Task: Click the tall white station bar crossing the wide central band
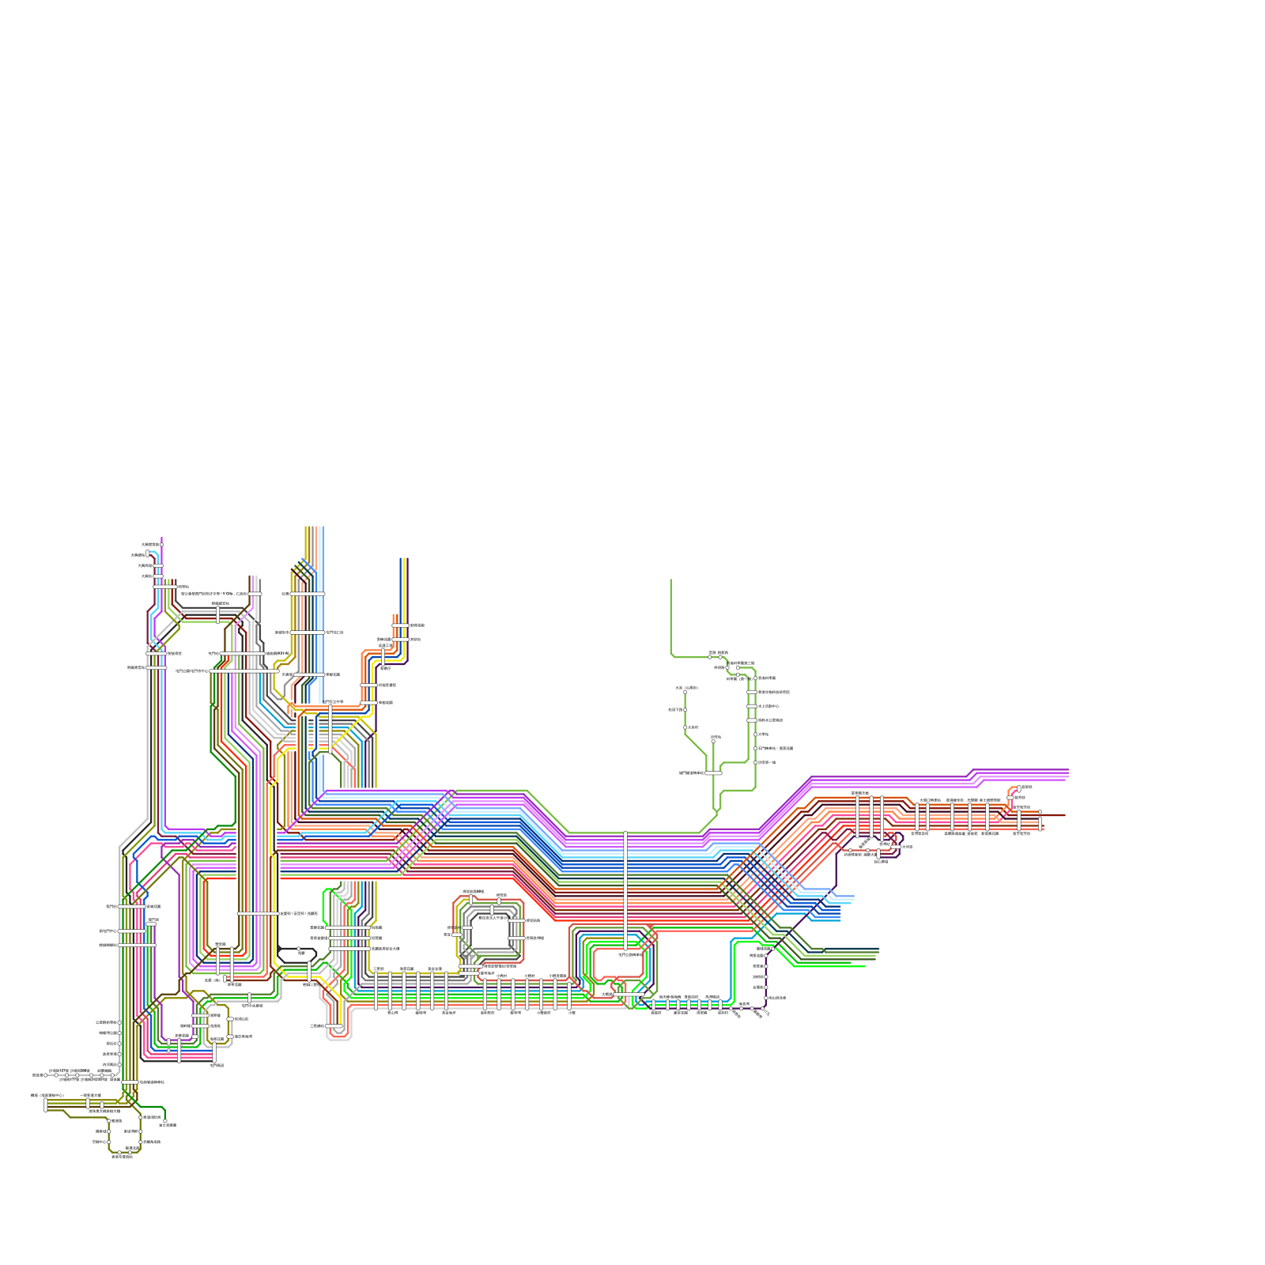[625, 889]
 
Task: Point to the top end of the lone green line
[671, 580]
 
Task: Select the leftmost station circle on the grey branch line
[46, 1075]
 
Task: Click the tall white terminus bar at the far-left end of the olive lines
[45, 1105]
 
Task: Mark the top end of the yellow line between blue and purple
[405, 559]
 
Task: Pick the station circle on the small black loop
[299, 949]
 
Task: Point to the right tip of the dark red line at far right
[1065, 815]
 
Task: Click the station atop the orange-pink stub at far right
[1019, 788]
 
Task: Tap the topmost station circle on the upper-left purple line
[161, 545]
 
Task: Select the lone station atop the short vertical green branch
[713, 741]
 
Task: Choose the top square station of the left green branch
[685, 692]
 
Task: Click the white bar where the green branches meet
[713, 772]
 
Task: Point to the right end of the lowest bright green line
[864, 966]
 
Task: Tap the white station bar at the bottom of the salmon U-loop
[336, 1026]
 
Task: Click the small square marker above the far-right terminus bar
[1040, 812]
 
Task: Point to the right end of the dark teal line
[878, 950]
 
